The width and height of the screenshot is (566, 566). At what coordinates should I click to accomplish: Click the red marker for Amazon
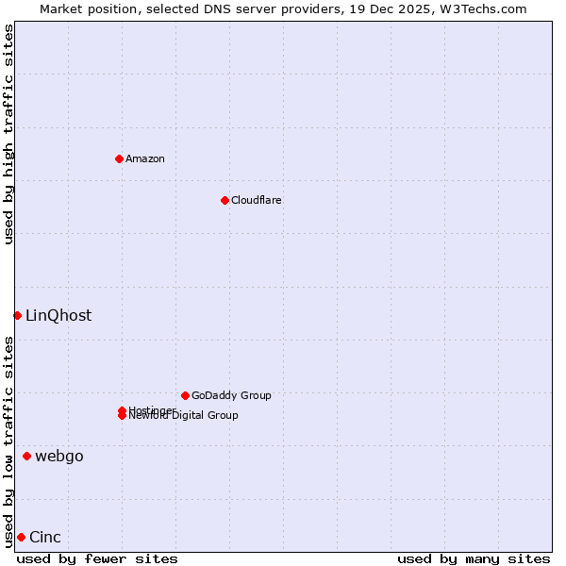click(119, 158)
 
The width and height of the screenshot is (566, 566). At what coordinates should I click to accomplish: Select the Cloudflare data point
click(225, 200)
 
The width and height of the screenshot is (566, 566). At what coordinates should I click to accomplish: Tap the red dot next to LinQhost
click(17, 315)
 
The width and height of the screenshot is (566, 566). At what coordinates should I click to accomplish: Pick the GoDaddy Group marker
click(185, 395)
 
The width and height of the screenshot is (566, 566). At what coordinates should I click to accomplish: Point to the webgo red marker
click(26, 457)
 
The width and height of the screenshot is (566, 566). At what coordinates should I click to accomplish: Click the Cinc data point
click(21, 537)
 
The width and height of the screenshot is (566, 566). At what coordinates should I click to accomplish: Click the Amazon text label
click(145, 158)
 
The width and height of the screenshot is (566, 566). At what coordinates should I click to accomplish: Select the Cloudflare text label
click(256, 200)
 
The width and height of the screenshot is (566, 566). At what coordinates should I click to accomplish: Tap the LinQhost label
click(58, 316)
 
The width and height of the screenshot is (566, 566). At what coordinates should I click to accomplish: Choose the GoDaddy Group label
click(231, 395)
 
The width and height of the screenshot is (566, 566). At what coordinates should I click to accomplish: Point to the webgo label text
click(59, 457)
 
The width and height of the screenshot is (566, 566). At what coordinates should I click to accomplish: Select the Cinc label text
click(45, 538)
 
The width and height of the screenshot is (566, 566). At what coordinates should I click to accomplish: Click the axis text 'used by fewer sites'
click(97, 558)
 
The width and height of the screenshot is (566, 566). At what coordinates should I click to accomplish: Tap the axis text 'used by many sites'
click(474, 558)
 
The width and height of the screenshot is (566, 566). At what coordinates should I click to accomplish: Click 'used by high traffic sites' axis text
click(8, 134)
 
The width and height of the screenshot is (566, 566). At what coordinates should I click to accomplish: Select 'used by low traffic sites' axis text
click(8, 441)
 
